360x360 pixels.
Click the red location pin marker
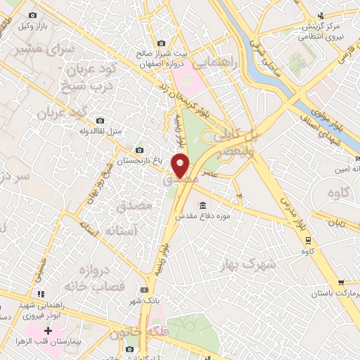(181, 165)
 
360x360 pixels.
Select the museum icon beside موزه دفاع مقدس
(202, 205)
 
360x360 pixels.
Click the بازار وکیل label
(32, 26)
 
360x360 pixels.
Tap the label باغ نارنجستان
(137, 160)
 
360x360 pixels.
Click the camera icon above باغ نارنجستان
(139, 149)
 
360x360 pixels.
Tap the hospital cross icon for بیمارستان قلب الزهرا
(48, 330)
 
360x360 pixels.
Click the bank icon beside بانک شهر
(145, 289)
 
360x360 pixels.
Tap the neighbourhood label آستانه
(106, 230)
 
